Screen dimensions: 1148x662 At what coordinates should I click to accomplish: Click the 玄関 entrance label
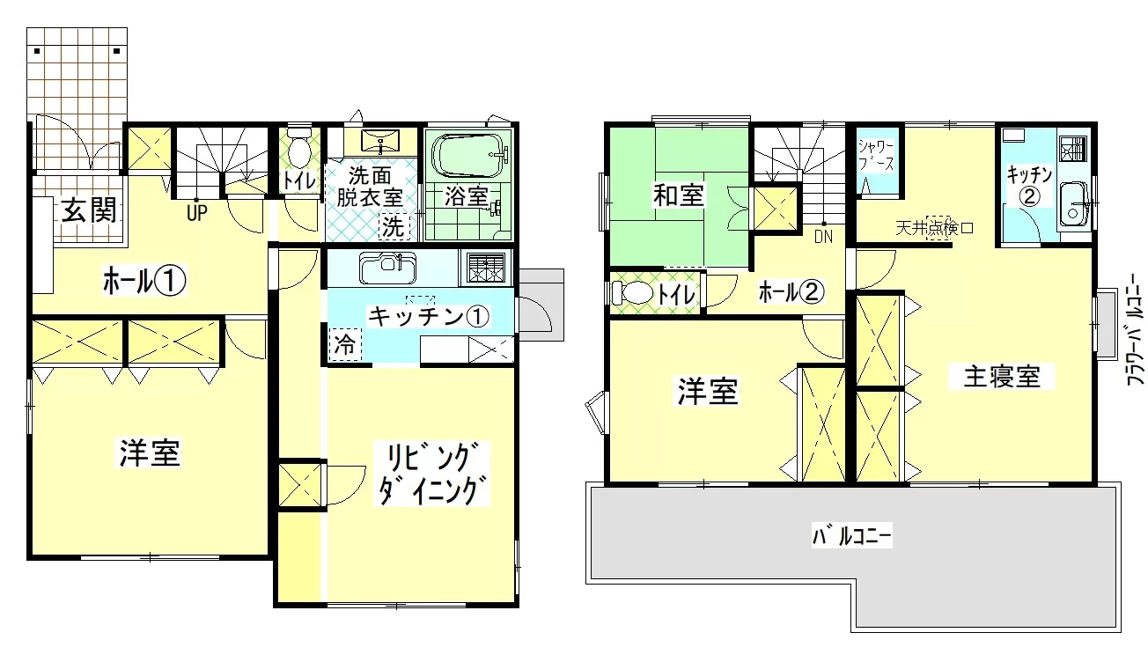pyautogui.click(x=89, y=210)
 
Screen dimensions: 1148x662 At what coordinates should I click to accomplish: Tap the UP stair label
pyautogui.click(x=197, y=213)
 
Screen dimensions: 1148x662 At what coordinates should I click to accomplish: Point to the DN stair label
pyautogui.click(x=824, y=237)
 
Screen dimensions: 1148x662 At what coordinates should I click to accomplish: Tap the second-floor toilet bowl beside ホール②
pyautogui.click(x=633, y=293)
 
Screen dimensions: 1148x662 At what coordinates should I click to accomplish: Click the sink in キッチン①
pyautogui.click(x=387, y=268)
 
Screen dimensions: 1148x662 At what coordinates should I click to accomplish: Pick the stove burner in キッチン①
pyautogui.click(x=486, y=268)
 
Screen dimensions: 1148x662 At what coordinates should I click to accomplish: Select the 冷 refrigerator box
pyautogui.click(x=345, y=344)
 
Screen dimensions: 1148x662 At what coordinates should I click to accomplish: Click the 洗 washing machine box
pyautogui.click(x=394, y=226)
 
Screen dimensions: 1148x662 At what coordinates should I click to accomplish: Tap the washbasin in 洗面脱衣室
pyautogui.click(x=379, y=141)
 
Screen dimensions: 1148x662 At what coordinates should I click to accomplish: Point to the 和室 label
pyautogui.click(x=678, y=195)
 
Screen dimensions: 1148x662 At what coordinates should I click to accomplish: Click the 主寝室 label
pyautogui.click(x=1002, y=376)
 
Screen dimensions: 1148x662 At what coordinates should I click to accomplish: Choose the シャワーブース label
pyautogui.click(x=876, y=155)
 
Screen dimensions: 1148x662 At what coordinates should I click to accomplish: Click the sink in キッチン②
pyautogui.click(x=1073, y=203)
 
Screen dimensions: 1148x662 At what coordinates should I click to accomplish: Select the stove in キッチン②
pyautogui.click(x=1072, y=149)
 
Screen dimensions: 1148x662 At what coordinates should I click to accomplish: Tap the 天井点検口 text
pyautogui.click(x=934, y=227)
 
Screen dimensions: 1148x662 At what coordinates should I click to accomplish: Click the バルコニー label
pyautogui.click(x=852, y=535)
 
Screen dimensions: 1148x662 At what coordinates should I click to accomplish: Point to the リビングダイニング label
pyautogui.click(x=431, y=474)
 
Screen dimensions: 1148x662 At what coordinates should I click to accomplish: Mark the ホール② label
pyautogui.click(x=791, y=292)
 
